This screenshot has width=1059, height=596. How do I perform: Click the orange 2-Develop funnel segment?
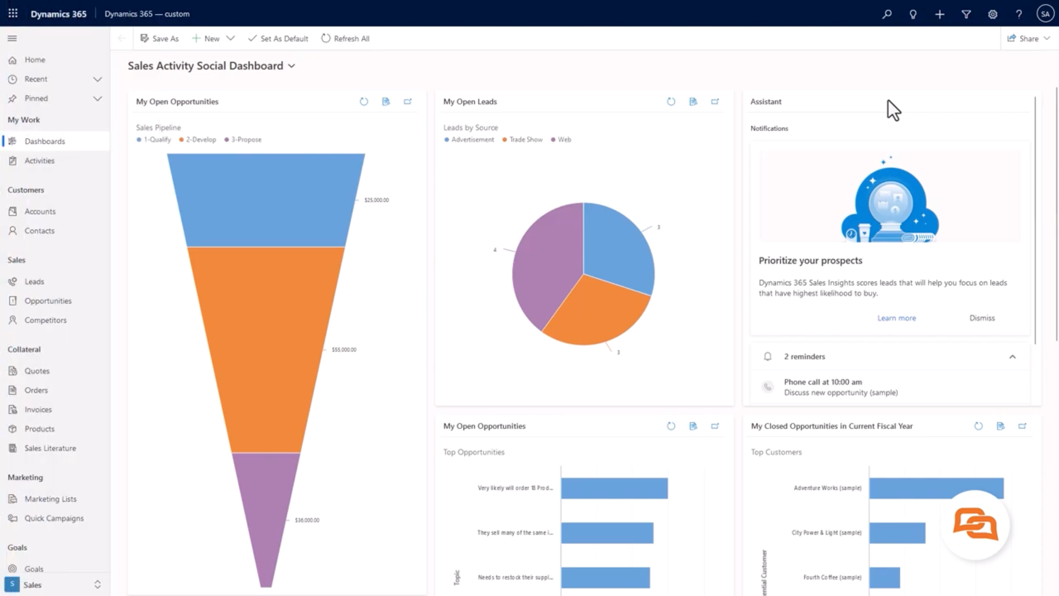(x=266, y=349)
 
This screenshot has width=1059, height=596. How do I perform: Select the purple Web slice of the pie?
(x=543, y=265)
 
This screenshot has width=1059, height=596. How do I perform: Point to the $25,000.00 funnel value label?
(x=376, y=200)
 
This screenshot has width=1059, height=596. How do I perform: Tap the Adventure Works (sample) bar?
(x=936, y=488)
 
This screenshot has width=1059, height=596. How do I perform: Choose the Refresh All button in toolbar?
(x=345, y=39)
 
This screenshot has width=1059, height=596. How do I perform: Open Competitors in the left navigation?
(x=45, y=320)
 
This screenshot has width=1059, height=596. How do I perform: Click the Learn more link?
(x=896, y=318)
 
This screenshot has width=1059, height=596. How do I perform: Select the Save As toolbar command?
(x=159, y=39)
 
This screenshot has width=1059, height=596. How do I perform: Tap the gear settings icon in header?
(x=992, y=14)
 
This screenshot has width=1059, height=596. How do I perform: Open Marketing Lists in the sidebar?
(x=50, y=499)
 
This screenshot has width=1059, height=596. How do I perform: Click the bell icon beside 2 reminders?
(x=767, y=356)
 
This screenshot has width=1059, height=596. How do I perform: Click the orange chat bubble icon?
(x=975, y=524)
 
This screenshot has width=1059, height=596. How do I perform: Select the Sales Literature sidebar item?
(x=50, y=448)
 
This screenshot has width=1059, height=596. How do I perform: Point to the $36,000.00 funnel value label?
(x=307, y=520)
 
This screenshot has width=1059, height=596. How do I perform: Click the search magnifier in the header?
(x=887, y=14)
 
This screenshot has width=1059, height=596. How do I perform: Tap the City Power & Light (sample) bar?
(x=897, y=533)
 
